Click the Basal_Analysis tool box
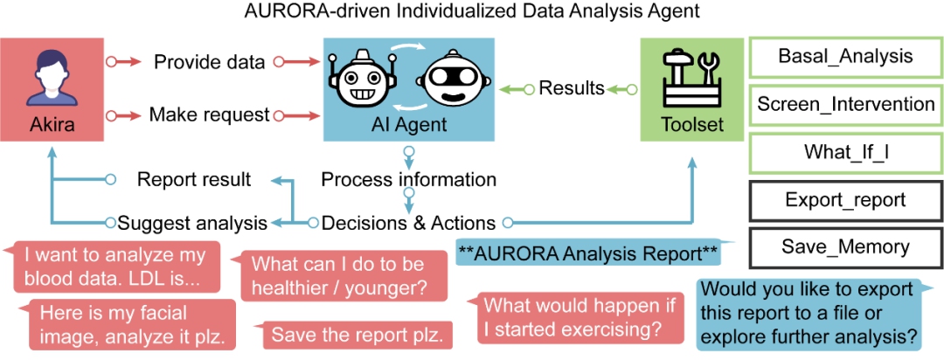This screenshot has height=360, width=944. pos(845,57)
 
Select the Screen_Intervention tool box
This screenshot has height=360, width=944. pos(845,104)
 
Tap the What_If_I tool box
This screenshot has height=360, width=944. pos(845,152)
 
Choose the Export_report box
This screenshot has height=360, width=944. pos(845,199)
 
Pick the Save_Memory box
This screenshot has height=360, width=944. pos(845,246)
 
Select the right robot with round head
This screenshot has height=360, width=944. pos(453,80)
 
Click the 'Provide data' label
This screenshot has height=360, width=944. pos(209,61)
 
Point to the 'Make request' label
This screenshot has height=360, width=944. pos(209,114)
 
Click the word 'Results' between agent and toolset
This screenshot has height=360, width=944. pos(572,88)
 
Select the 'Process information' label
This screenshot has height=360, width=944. pos(409,179)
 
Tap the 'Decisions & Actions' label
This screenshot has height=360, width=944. pos(409,224)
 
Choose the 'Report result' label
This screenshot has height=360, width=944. pos(194,179)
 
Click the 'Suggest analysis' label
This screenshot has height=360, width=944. pos(192,224)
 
